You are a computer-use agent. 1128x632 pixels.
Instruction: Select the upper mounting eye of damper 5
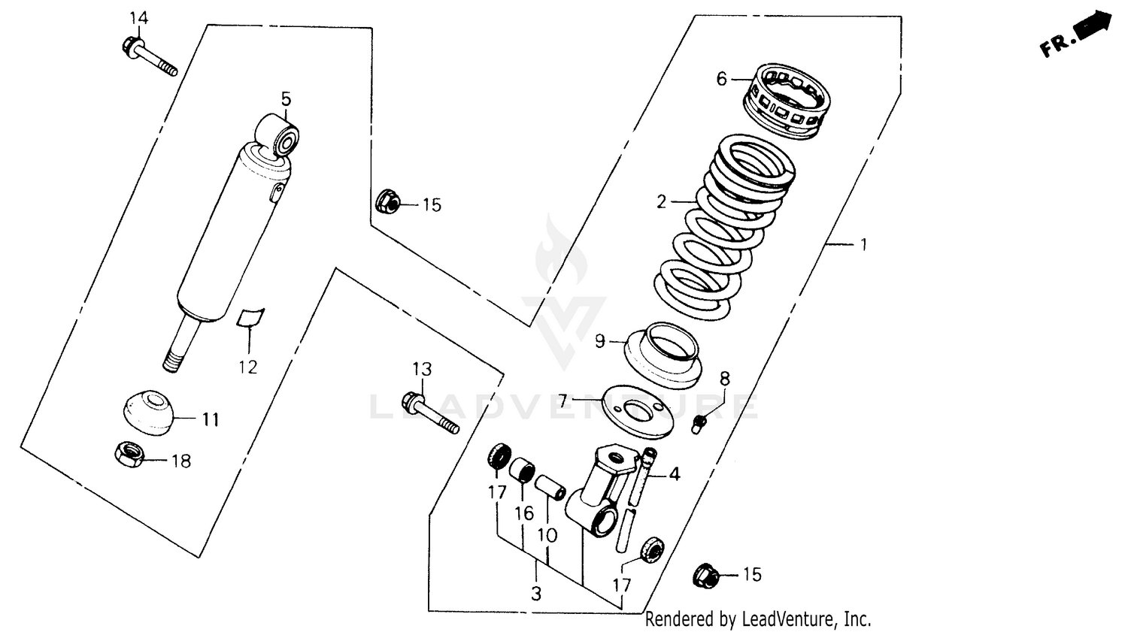(x=279, y=136)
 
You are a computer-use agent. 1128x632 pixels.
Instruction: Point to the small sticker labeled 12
(x=250, y=318)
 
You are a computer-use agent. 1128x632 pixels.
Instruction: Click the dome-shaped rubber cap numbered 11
(x=148, y=412)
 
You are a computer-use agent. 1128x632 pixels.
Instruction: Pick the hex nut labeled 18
(x=129, y=453)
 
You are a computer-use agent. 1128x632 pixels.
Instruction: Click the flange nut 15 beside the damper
(x=386, y=201)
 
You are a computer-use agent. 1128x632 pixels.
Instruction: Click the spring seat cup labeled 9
(x=663, y=353)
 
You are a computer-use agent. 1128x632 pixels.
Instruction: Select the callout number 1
(x=864, y=244)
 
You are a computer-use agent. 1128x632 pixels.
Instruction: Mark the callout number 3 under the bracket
(x=535, y=594)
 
